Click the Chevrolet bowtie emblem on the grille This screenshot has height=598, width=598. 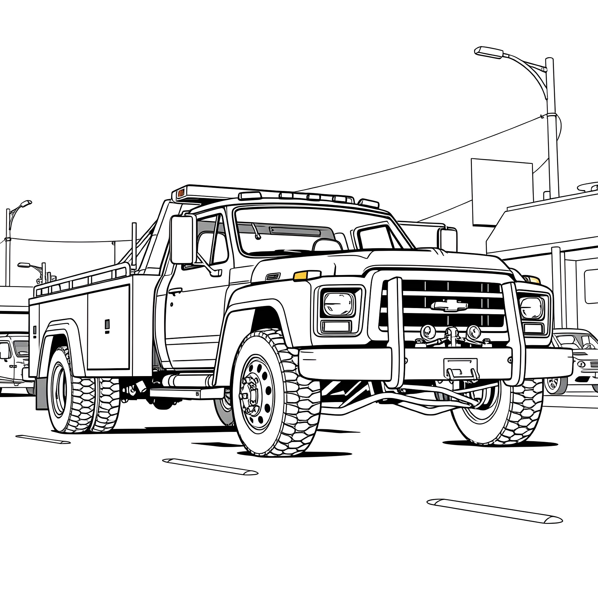449,305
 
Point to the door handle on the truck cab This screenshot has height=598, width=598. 175,291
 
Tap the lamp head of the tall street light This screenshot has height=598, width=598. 489,52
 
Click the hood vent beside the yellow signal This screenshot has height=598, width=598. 273,277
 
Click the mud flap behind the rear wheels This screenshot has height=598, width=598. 41,393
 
